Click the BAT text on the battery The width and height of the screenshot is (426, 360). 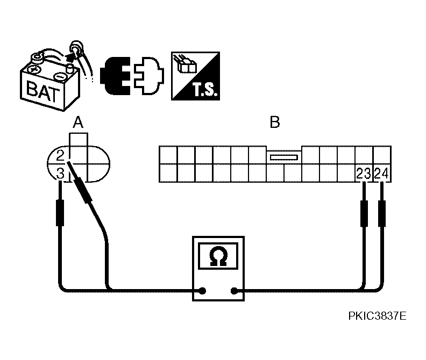tap(43, 91)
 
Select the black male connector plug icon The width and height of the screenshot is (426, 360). tap(115, 76)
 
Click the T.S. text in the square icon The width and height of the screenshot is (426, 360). tap(205, 90)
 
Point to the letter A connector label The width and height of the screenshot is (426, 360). tap(78, 122)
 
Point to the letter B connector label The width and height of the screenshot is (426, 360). tap(275, 122)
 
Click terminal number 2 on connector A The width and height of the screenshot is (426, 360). tap(60, 156)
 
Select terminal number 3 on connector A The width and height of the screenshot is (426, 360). tap(60, 173)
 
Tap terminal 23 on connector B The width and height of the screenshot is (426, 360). tap(364, 174)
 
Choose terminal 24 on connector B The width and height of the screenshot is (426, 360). tap(381, 174)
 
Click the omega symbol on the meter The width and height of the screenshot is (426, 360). tap(218, 256)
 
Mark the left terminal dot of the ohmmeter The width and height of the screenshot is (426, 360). tap(202, 291)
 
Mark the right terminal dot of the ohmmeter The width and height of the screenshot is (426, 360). tap(233, 291)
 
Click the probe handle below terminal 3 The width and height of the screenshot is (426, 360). tap(60, 213)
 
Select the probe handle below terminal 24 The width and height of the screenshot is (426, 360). tap(382, 214)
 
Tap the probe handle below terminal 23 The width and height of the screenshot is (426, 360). tap(364, 214)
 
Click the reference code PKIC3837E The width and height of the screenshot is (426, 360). tap(377, 316)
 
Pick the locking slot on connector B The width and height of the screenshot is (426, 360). tap(283, 157)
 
